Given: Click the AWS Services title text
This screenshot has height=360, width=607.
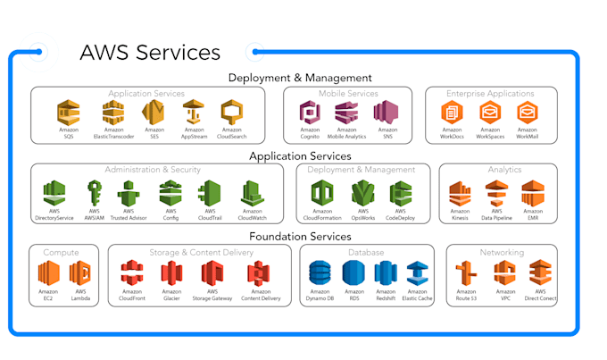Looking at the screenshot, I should click(x=149, y=52).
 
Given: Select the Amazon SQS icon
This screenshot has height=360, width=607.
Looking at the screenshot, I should click(x=69, y=113).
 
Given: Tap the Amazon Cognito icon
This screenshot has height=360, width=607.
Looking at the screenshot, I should click(x=310, y=113).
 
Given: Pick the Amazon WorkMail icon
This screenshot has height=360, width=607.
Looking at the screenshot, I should click(x=527, y=113).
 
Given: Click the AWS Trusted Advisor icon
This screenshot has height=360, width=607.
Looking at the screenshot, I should click(x=129, y=193).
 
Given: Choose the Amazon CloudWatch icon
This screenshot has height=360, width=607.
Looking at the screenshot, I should click(x=251, y=193).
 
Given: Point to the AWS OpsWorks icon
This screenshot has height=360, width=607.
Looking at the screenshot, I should click(x=362, y=193).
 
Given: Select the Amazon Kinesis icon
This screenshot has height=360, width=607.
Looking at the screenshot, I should click(x=460, y=193).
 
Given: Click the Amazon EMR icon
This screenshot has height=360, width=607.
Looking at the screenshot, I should click(x=533, y=193).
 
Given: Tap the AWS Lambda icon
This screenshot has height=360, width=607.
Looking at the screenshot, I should click(x=80, y=272).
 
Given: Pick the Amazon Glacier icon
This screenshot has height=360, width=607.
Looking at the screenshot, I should click(x=172, y=272).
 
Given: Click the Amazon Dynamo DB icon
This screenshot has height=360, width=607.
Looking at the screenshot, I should click(x=320, y=272).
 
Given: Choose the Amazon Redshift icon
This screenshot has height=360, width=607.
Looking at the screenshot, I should click(x=385, y=272).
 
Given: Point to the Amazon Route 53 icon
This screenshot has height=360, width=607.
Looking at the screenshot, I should click(x=466, y=272).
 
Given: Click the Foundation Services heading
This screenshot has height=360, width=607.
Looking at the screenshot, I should click(x=299, y=236).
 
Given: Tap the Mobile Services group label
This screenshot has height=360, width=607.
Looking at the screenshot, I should click(x=348, y=93).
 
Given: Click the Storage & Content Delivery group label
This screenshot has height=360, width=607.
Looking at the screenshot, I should click(x=200, y=253).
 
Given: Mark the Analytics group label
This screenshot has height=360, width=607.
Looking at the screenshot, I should click(x=504, y=169).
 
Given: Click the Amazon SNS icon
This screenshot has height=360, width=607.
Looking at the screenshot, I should click(x=386, y=113).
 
